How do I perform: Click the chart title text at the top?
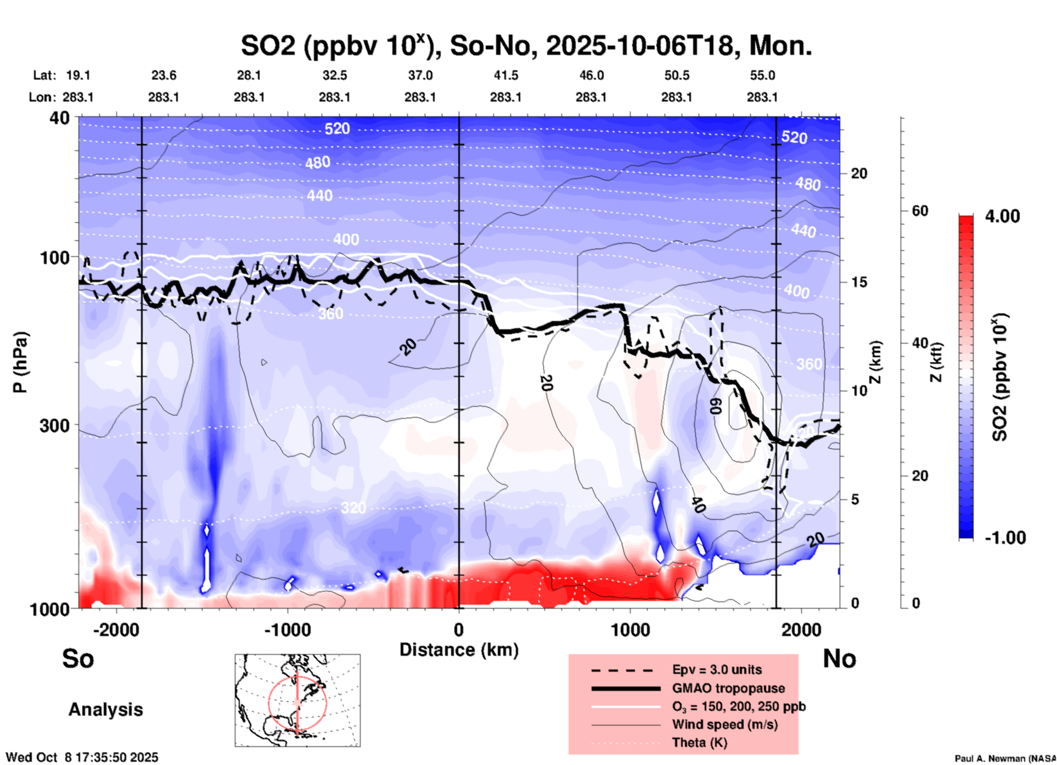[x=526, y=46]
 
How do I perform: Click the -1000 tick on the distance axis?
[x=288, y=629]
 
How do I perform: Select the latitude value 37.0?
[x=420, y=75]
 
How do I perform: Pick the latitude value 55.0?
[x=762, y=75]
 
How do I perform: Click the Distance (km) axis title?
[x=459, y=650]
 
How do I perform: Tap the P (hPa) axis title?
[x=20, y=362]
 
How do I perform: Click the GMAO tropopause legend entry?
[x=728, y=688]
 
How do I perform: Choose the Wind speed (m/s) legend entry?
[x=724, y=724]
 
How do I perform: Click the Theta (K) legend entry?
[x=699, y=743]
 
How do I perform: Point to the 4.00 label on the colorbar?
[x=1002, y=216]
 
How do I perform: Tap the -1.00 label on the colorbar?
[x=1004, y=538]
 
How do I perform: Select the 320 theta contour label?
[x=353, y=508]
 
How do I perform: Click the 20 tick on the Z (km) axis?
[x=859, y=173]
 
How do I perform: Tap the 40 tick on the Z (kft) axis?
[x=920, y=343]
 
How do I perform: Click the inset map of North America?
[x=297, y=700]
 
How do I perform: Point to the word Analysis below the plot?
[x=105, y=710]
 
